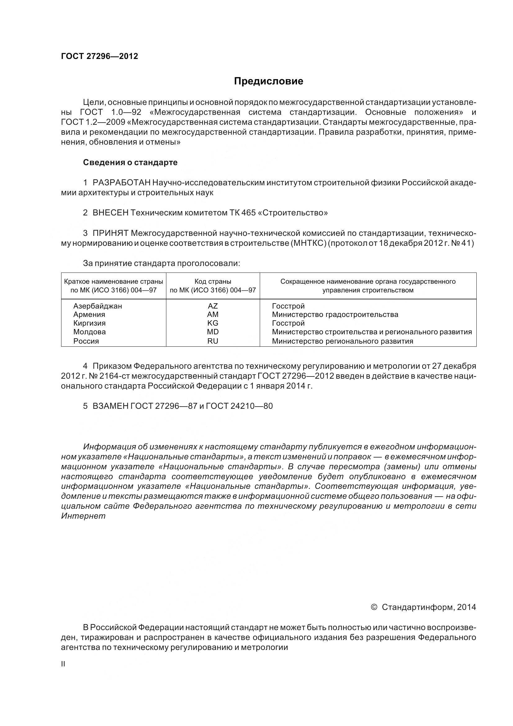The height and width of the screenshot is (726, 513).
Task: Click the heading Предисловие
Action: click(268, 81)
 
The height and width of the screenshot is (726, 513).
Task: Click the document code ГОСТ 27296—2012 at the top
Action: click(100, 56)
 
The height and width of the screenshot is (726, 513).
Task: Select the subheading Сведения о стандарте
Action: click(130, 163)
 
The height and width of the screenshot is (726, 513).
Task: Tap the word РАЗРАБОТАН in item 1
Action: click(121, 183)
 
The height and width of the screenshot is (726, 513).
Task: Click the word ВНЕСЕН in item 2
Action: click(110, 213)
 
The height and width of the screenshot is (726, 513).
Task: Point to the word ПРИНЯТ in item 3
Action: click(110, 233)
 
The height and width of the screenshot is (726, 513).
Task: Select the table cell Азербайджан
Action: click(98, 306)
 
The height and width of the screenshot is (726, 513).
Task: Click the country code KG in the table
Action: click(213, 323)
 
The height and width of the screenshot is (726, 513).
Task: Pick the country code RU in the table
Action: click(213, 341)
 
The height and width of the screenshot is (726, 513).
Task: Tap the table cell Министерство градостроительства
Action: click(335, 315)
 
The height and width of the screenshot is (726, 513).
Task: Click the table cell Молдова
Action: click(89, 332)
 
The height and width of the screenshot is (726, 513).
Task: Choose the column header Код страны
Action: click(213, 282)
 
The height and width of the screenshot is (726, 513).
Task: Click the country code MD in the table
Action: click(213, 332)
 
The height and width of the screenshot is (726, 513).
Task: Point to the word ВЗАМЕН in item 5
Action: click(108, 406)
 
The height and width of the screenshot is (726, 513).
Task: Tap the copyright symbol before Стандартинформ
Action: click(374, 607)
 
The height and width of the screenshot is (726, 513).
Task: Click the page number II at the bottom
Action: click(63, 664)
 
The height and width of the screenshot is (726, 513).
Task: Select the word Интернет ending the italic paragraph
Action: click(83, 516)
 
